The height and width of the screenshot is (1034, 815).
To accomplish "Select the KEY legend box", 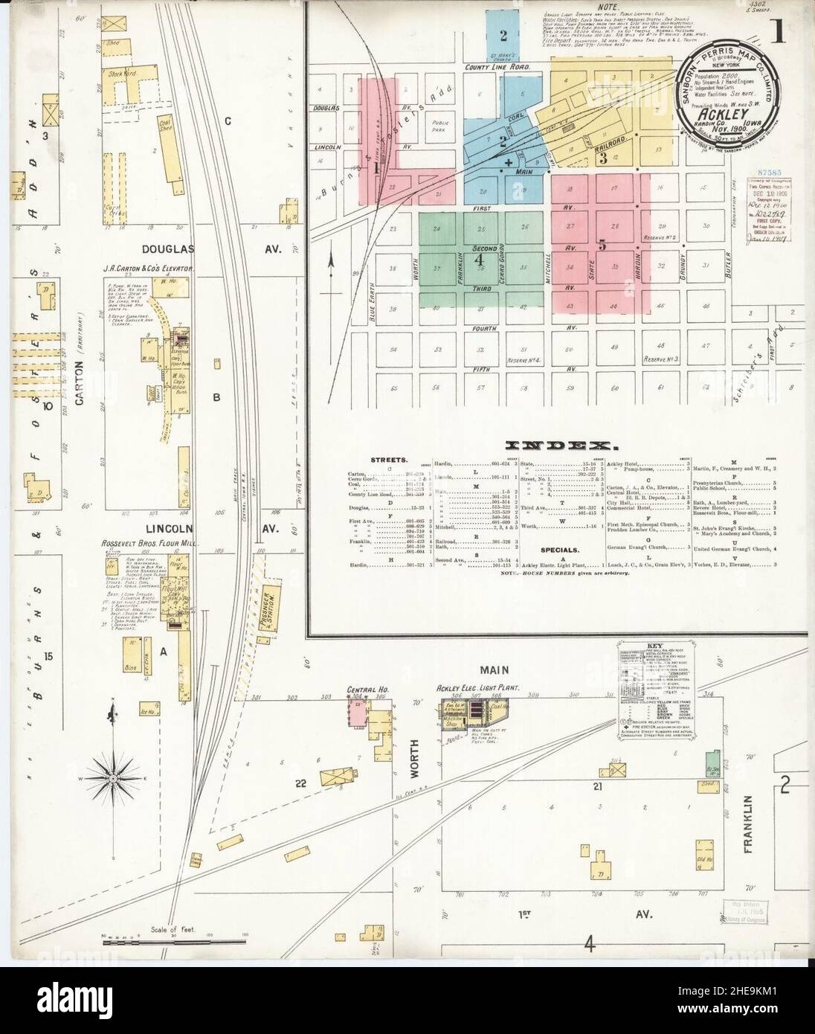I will click(644, 686).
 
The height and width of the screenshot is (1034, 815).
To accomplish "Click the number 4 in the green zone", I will click(480, 261).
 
